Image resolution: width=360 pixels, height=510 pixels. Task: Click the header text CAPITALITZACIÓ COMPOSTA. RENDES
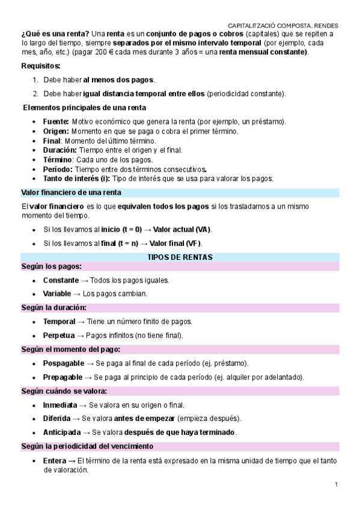click(283, 26)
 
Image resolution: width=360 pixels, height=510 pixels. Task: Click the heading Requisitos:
click(41, 66)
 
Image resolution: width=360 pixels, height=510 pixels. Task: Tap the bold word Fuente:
click(56, 122)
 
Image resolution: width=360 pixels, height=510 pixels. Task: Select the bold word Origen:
click(56, 131)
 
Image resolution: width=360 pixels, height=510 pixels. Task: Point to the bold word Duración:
click(59, 150)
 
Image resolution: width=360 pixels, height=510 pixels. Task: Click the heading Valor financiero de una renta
click(72, 192)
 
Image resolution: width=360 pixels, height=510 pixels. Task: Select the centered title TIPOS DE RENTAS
click(180, 257)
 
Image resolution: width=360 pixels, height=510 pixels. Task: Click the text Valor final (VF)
click(175, 243)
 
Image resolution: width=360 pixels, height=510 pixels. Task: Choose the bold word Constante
click(61, 280)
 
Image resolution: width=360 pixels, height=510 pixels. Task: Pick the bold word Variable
click(57, 293)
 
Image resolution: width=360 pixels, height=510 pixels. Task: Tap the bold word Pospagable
click(63, 363)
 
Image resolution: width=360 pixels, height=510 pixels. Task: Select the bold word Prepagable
click(63, 376)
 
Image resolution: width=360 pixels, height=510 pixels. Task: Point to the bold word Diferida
click(57, 418)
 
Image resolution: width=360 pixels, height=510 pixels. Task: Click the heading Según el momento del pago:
click(71, 349)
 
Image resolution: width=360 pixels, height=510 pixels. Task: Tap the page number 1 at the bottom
click(337, 485)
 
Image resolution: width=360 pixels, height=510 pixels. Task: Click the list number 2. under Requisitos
click(36, 94)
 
